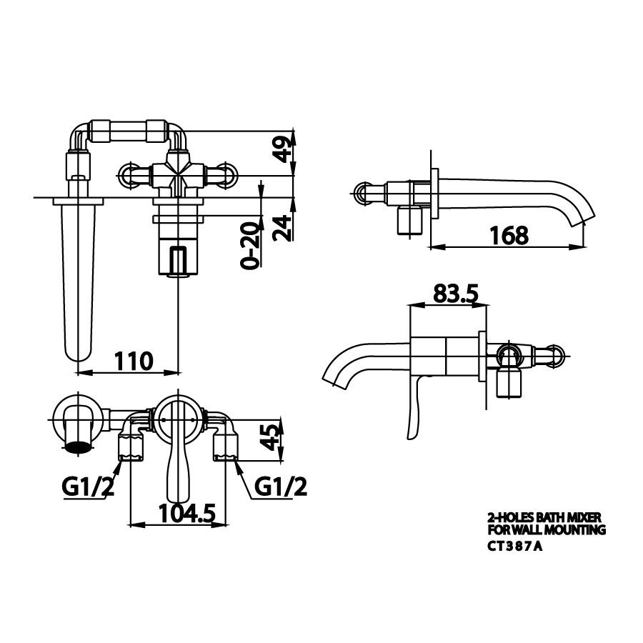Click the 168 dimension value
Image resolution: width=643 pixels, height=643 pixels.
click(509, 235)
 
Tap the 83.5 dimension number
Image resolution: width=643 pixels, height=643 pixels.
click(456, 294)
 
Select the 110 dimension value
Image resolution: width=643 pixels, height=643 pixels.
click(134, 361)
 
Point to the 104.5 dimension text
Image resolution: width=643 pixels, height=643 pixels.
click(187, 513)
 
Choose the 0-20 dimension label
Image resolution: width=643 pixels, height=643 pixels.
click(251, 245)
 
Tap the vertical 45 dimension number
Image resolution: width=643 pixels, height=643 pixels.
click(271, 437)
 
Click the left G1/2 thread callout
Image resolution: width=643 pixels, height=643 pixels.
click(88, 487)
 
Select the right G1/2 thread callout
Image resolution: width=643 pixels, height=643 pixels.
click(280, 487)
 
